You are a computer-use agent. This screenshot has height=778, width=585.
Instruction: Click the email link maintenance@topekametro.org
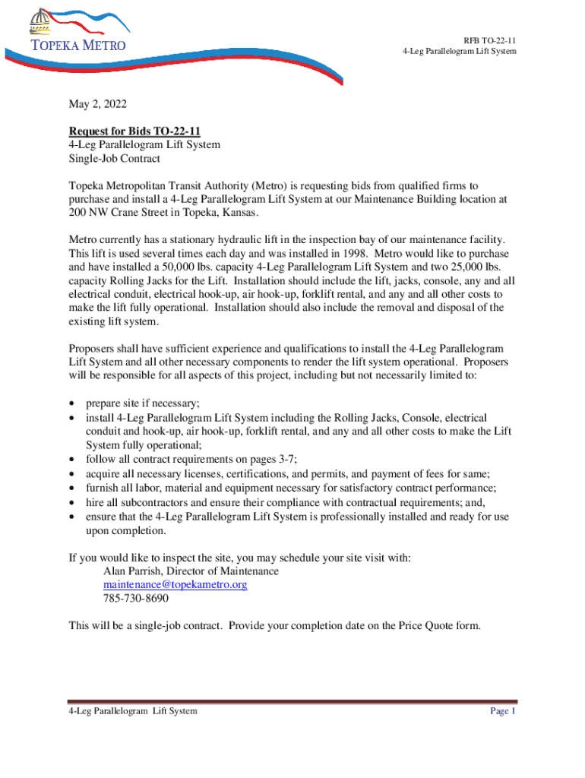click(175, 584)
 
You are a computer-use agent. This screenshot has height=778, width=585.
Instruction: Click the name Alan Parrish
click(132, 571)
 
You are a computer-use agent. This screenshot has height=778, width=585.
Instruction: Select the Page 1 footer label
click(503, 711)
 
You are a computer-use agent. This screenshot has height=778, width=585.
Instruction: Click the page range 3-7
click(283, 459)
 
